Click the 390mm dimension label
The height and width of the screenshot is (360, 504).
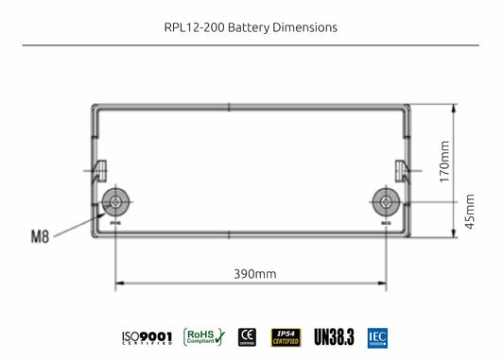click(255, 274)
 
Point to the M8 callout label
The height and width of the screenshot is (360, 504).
click(40, 235)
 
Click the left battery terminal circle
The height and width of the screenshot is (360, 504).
click(116, 201)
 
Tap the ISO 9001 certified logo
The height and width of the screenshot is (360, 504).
click(147, 337)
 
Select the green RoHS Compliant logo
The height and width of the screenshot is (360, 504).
click(203, 336)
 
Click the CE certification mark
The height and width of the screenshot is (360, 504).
click(248, 336)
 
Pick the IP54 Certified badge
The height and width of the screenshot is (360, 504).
click(287, 336)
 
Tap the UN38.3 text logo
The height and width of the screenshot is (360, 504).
click(334, 337)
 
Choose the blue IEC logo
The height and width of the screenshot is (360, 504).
click(378, 336)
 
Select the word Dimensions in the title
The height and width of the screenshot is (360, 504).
click(304, 27)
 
